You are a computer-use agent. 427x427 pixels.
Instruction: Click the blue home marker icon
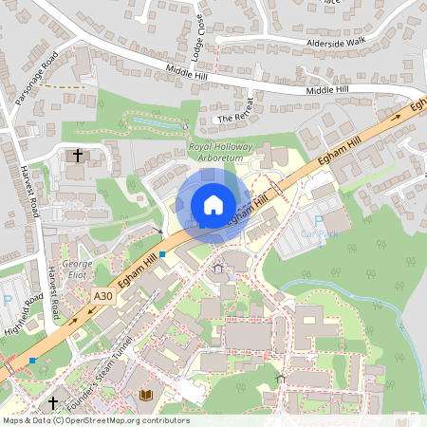click(x=213, y=204)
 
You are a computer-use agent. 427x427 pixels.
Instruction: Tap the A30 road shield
click(x=103, y=297)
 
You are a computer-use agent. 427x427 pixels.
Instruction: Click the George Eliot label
click(x=76, y=269)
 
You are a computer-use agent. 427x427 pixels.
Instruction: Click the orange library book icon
click(x=146, y=394)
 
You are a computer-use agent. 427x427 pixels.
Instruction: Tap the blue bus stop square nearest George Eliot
click(x=162, y=254)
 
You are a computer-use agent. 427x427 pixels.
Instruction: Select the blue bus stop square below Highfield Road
click(x=33, y=361)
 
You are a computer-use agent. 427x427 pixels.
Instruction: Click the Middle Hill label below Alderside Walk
click(x=328, y=90)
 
